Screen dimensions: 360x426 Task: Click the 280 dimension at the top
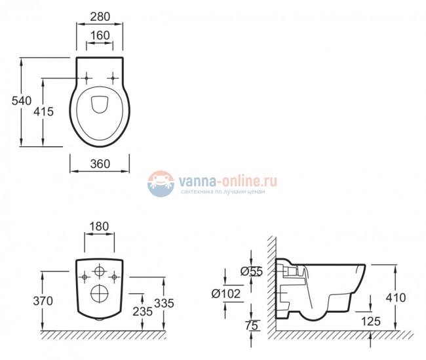click(100, 14)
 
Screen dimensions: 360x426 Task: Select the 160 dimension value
click(100, 35)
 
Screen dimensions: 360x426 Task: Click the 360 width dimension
click(99, 164)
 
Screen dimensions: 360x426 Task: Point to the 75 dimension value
click(252, 325)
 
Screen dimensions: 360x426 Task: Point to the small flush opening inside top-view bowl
click(100, 104)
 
